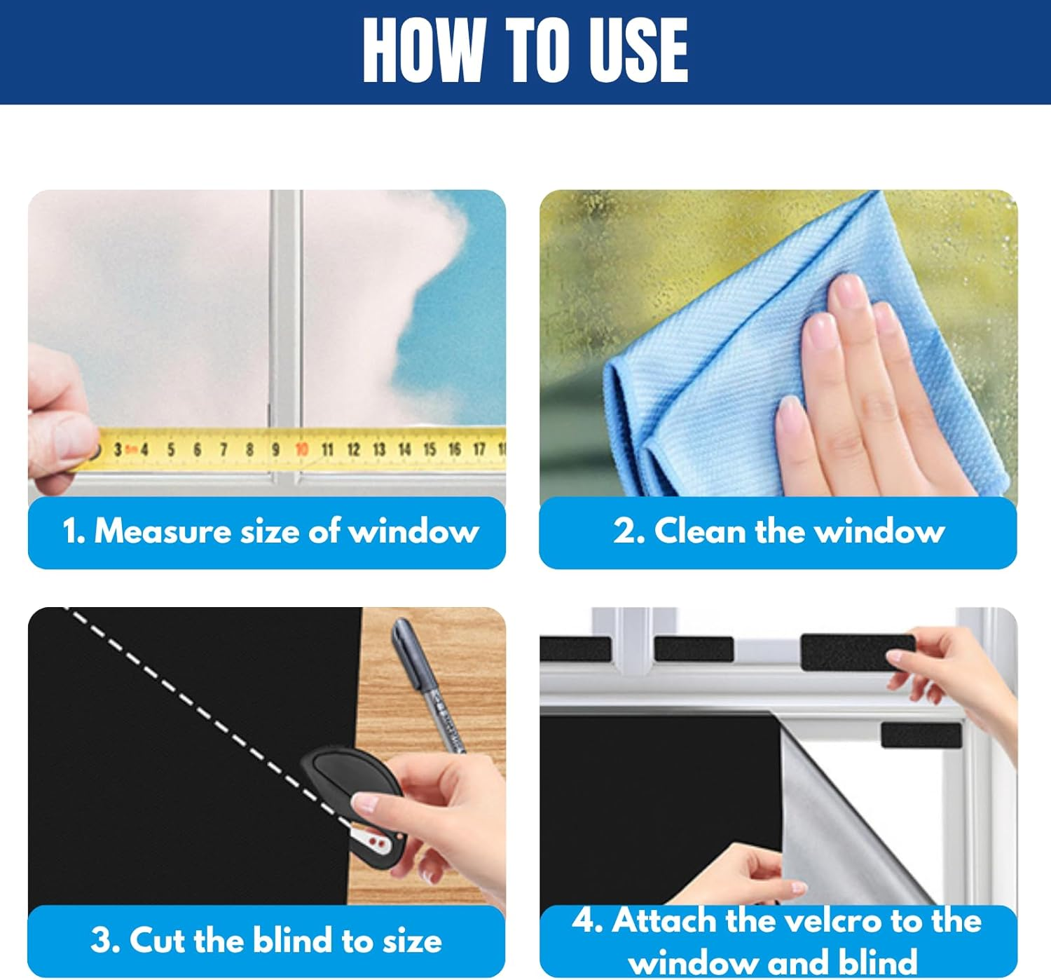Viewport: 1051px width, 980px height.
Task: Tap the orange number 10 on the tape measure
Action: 302,450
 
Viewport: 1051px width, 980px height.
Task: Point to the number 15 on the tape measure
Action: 430,450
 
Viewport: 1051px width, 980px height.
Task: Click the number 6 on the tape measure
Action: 197,450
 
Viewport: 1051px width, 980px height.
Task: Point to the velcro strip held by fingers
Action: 858,651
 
